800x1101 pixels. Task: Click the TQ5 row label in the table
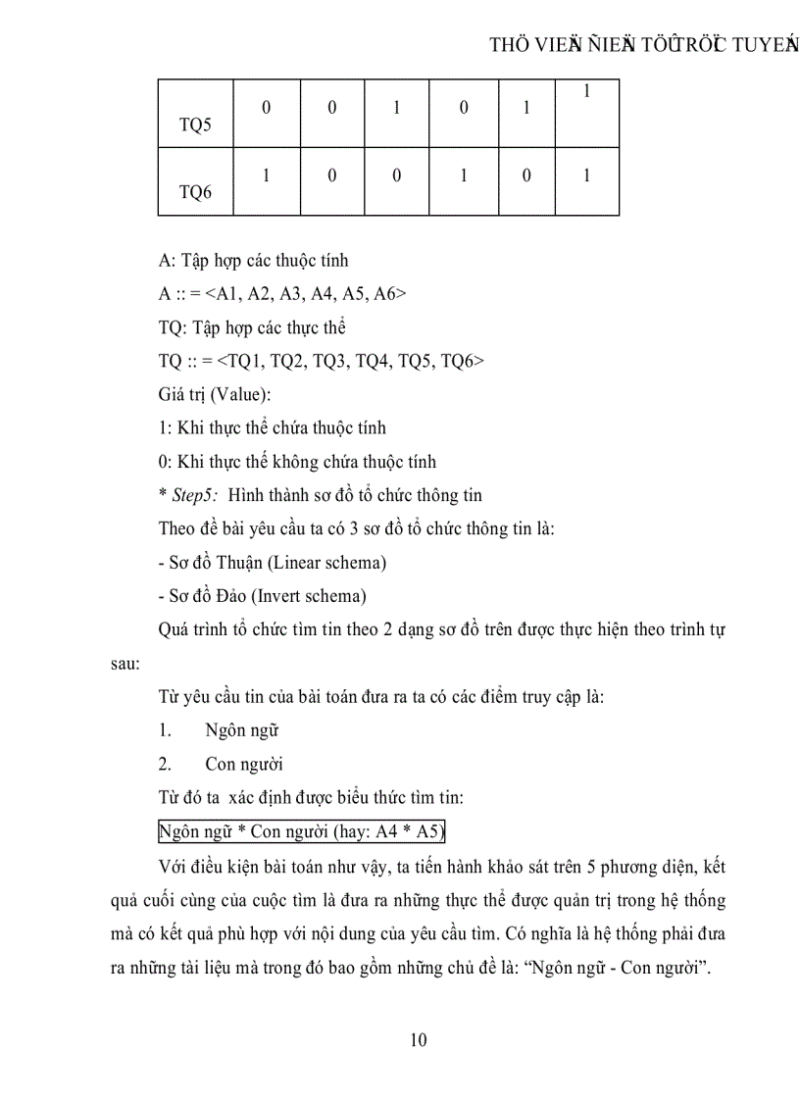(x=196, y=126)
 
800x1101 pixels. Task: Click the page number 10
(x=418, y=1040)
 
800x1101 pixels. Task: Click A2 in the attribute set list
(x=254, y=293)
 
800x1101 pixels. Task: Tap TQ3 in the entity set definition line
(x=338, y=361)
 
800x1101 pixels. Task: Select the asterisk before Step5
(x=162, y=495)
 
